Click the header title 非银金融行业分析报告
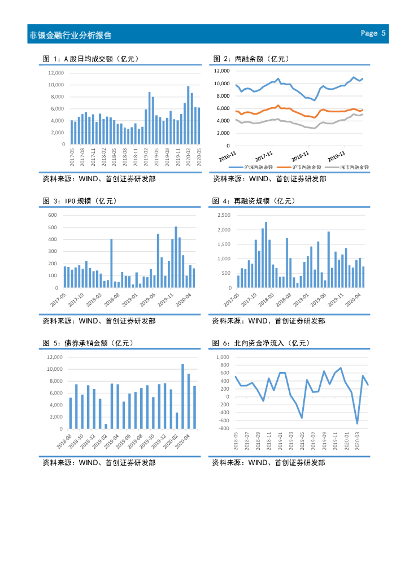(71, 35)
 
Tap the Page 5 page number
(373, 34)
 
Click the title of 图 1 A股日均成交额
(91, 59)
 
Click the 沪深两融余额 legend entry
(258, 167)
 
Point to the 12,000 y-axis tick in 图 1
(56, 73)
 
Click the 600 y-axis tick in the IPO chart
(53, 215)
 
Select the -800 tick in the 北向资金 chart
(224, 428)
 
